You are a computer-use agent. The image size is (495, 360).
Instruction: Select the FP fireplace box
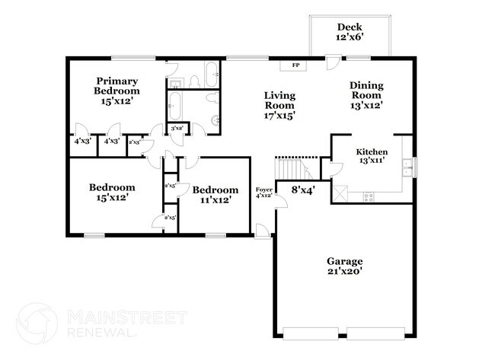click(x=294, y=65)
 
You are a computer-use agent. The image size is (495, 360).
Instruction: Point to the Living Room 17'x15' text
click(x=279, y=105)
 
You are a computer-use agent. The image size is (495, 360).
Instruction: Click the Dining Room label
click(x=366, y=95)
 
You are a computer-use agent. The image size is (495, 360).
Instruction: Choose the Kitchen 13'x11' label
click(x=372, y=157)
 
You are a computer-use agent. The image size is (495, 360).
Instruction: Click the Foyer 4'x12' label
click(x=263, y=192)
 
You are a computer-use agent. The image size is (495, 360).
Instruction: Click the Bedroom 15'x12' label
click(x=112, y=192)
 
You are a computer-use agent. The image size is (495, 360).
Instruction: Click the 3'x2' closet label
click(x=177, y=129)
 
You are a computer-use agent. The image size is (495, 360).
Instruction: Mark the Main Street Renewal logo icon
click(x=37, y=323)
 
